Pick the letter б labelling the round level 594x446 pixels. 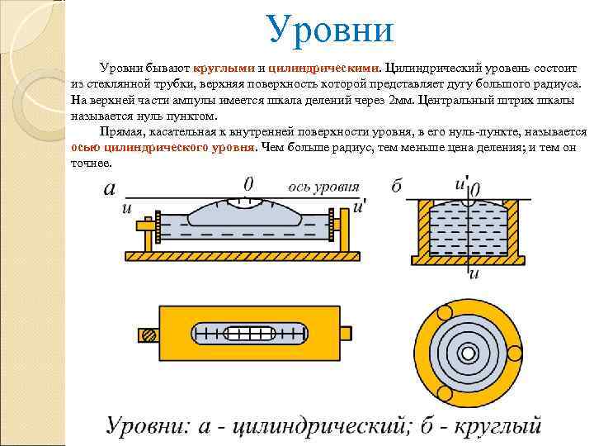tap(396, 187)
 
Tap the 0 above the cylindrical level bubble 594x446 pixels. tap(248, 183)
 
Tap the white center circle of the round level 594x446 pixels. tap(469, 353)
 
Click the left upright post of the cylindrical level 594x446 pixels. tap(149, 235)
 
